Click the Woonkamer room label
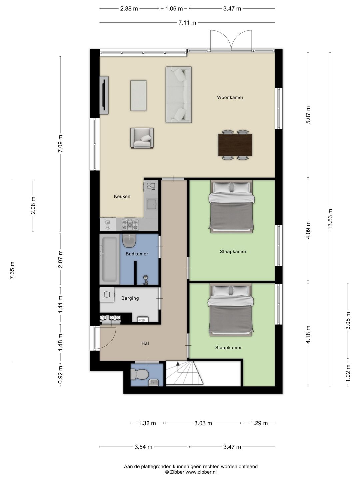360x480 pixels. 230,97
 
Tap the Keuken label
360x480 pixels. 122,196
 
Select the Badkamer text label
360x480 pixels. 137,254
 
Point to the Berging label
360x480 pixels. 130,298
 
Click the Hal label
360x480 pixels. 145,343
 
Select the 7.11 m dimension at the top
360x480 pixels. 187,23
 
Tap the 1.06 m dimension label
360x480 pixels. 174,9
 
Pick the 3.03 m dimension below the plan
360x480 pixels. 203,423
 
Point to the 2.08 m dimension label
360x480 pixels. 33,205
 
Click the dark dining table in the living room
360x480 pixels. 235,145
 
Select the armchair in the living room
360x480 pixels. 142,138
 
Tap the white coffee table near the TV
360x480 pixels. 138,96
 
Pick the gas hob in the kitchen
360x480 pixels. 130,225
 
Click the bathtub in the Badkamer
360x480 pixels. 110,259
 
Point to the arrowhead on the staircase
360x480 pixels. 178,363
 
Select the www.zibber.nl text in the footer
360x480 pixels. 201,472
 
